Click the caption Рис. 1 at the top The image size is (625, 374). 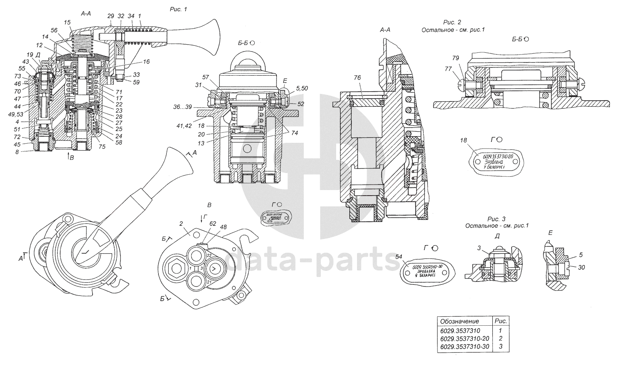(178, 9)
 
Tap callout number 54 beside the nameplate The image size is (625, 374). (399, 256)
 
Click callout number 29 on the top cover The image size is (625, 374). (111, 16)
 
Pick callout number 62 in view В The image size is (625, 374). (213, 223)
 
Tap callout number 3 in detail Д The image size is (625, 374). (479, 248)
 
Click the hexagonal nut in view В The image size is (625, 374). (177, 268)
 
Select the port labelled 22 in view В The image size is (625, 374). (208, 255)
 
